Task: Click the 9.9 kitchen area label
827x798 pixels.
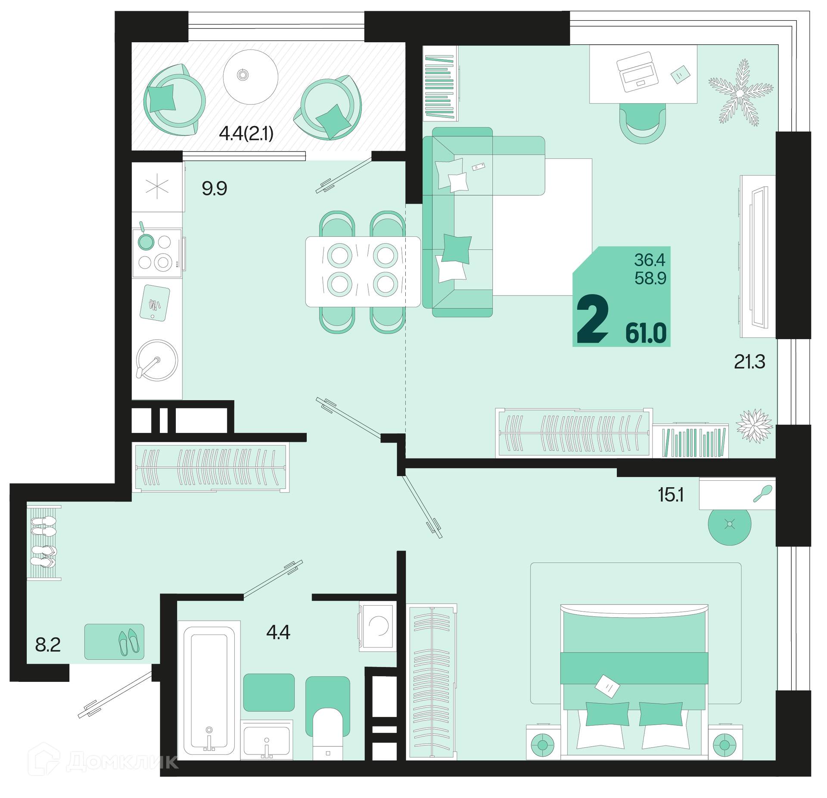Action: (x=214, y=189)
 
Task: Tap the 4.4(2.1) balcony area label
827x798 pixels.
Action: (x=246, y=133)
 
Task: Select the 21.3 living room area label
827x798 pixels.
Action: (x=749, y=362)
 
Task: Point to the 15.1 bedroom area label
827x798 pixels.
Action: (x=671, y=495)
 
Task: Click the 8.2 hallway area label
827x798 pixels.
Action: (x=48, y=645)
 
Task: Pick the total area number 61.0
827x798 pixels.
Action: (x=646, y=333)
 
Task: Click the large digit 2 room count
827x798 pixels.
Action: (x=593, y=319)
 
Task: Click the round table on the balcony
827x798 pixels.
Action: (x=250, y=77)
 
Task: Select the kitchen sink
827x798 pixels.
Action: (x=157, y=360)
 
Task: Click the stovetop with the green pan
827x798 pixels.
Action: (x=157, y=253)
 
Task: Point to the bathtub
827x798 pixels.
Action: (x=209, y=690)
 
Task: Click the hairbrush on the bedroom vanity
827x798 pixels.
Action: (x=763, y=493)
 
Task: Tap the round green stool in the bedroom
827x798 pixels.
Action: (x=730, y=524)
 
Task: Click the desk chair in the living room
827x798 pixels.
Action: (x=642, y=124)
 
